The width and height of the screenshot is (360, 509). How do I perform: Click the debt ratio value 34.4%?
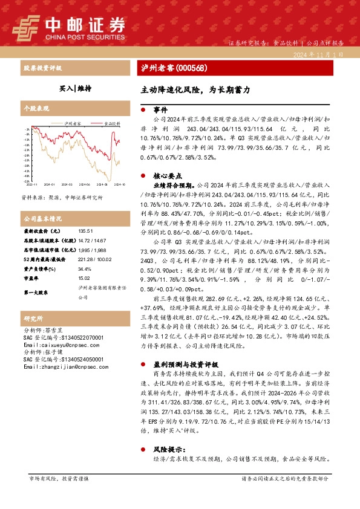(84, 269)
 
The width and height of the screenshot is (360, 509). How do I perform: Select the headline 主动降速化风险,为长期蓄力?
(191, 88)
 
